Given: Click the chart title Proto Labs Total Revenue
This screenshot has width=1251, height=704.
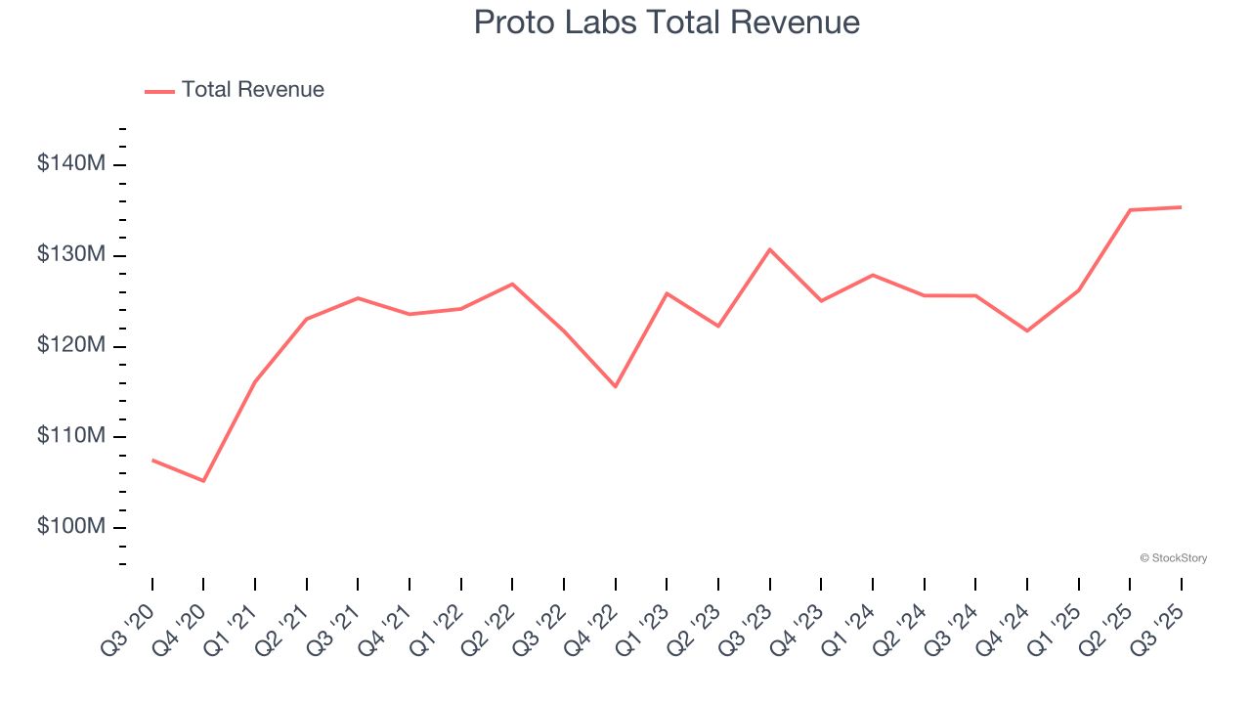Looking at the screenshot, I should click(x=667, y=22).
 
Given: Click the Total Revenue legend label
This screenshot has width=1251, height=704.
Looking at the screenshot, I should click(x=252, y=90).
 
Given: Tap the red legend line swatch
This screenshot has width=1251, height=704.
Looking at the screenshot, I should click(x=159, y=91).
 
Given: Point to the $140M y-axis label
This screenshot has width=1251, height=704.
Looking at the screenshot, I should click(x=70, y=164).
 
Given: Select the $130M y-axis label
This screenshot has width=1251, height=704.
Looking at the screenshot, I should click(x=70, y=255).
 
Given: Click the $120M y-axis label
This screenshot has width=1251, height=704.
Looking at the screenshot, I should click(x=70, y=346).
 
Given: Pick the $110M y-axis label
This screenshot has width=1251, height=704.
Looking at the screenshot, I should click(x=70, y=436).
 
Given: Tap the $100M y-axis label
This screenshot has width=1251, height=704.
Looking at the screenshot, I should click(x=70, y=527).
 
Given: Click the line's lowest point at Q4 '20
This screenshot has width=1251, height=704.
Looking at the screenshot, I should click(x=203, y=481).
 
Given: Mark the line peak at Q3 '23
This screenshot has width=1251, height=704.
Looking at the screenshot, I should click(x=770, y=249).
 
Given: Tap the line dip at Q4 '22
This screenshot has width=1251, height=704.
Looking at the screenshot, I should click(x=616, y=386).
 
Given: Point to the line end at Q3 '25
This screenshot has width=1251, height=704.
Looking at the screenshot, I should click(x=1181, y=207).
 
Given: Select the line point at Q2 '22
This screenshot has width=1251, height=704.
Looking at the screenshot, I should click(x=512, y=284).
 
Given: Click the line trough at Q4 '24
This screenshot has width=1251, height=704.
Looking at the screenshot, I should click(x=1027, y=330).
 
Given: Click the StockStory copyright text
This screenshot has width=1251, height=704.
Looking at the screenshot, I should click(x=1173, y=558).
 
